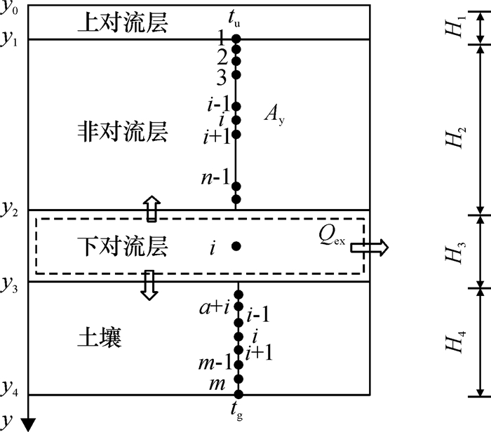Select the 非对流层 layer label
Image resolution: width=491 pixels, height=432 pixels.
pos(123,133)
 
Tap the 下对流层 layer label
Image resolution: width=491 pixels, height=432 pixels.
pos(123,247)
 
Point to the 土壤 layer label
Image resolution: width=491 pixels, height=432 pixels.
pos(99,339)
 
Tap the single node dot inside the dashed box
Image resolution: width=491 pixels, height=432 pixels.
pos(236,246)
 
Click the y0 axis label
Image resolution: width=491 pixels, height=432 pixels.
pos(10,9)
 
